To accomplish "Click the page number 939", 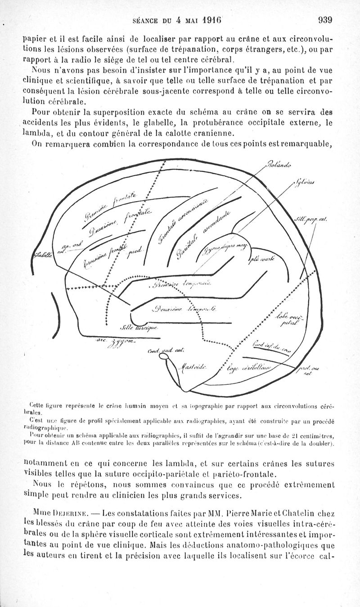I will tap(324, 20).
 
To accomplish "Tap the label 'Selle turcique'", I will tap(139, 327).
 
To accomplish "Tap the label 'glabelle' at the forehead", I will tap(43, 255).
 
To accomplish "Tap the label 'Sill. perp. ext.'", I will tap(310, 220).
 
